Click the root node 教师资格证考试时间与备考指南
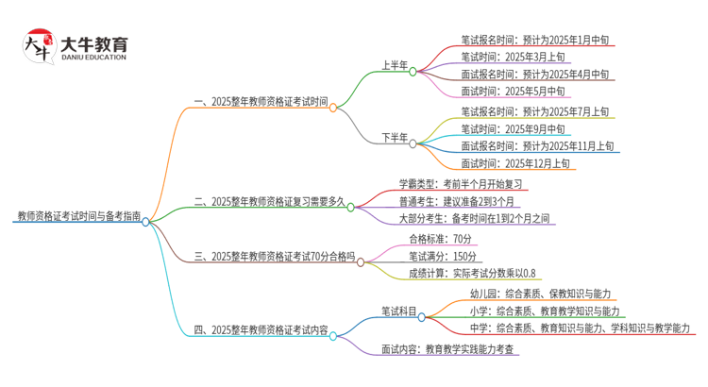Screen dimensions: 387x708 [x=78, y=216]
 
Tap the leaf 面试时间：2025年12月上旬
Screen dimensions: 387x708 [x=515, y=163]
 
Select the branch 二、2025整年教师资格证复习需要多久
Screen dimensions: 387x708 [x=269, y=201]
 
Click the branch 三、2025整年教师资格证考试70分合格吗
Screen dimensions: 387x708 [x=275, y=256]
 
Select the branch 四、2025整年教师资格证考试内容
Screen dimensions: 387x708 [x=260, y=330]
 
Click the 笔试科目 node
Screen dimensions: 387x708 [x=398, y=311]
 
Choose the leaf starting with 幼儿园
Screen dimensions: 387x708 [x=544, y=294]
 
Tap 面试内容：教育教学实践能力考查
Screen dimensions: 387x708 [x=449, y=347]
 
